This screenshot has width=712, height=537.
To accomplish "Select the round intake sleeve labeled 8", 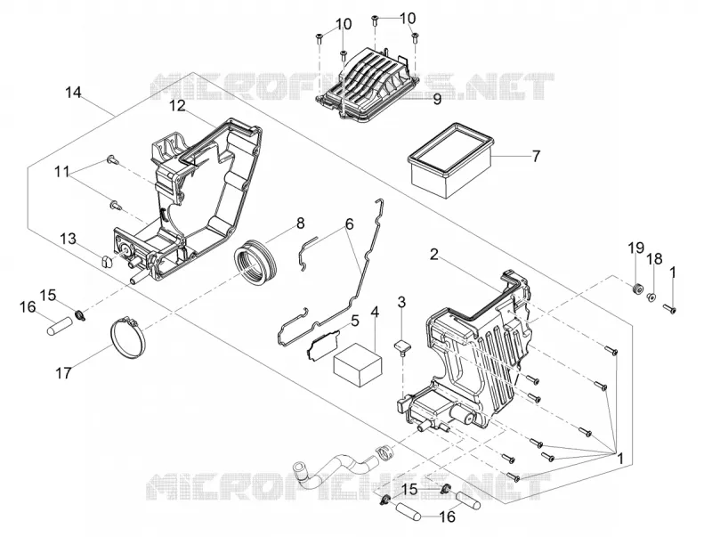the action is [255, 263].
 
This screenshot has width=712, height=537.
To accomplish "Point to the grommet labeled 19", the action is [636, 288].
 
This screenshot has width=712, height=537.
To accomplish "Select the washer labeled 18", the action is [651, 297].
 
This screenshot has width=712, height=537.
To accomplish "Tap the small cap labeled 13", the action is [106, 262].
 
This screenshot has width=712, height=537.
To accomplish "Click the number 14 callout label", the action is [73, 93].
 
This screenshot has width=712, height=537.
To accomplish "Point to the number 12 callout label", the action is [177, 106].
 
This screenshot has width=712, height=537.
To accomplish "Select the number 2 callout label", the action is [434, 255].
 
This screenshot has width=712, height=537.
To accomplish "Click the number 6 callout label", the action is [349, 224].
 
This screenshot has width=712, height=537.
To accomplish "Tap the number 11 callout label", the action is [61, 172].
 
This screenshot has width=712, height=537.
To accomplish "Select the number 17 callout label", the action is [63, 373].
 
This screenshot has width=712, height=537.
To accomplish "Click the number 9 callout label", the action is [437, 100].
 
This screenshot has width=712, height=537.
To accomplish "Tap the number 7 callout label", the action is [536, 157].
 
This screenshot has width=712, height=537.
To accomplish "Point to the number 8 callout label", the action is [300, 224].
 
